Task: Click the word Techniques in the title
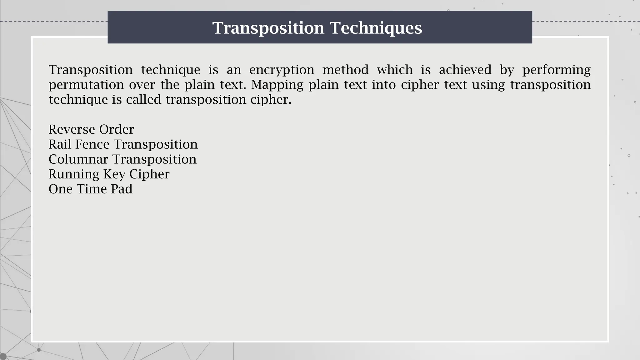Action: pyautogui.click(x=376, y=28)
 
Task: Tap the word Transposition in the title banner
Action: pyautogui.click(x=268, y=28)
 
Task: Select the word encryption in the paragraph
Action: pyautogui.click(x=282, y=70)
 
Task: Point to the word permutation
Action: pyautogui.click(x=84, y=85)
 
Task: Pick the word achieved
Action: pyautogui.click(x=465, y=70)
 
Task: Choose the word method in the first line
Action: pyautogui.click(x=345, y=70)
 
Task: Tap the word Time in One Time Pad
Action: pyautogui.click(x=92, y=189)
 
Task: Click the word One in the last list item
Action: pyautogui.click(x=61, y=189)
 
